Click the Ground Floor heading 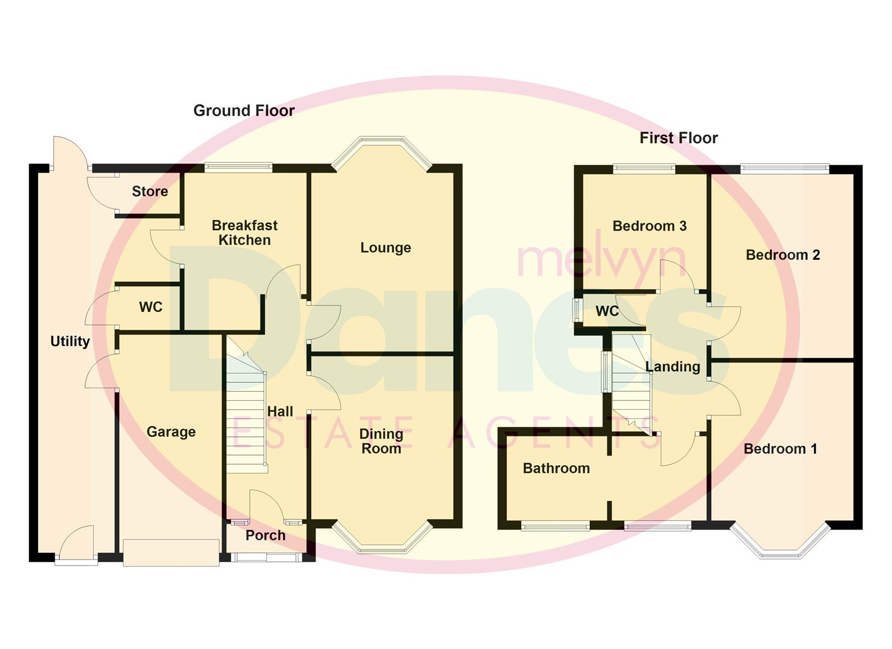pyautogui.click(x=244, y=111)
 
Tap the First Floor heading pyautogui.click(x=678, y=138)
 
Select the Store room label pyautogui.click(x=150, y=191)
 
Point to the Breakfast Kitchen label pyautogui.click(x=244, y=233)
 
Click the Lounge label pyautogui.click(x=386, y=248)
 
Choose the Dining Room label pyautogui.click(x=381, y=441)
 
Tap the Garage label pyautogui.click(x=171, y=431)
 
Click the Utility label pyautogui.click(x=70, y=341)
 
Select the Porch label pyautogui.click(x=265, y=535)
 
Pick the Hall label pyautogui.click(x=280, y=412)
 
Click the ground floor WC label pyautogui.click(x=151, y=307)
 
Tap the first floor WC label pyautogui.click(x=607, y=311)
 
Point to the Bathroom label pyautogui.click(x=556, y=468)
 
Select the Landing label pyautogui.click(x=673, y=367)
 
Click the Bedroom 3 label pyautogui.click(x=649, y=226)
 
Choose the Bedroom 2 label pyautogui.click(x=783, y=255)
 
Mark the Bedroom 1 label pyautogui.click(x=780, y=449)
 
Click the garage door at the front pyautogui.click(x=171, y=552)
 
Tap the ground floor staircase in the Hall pyautogui.click(x=246, y=415)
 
